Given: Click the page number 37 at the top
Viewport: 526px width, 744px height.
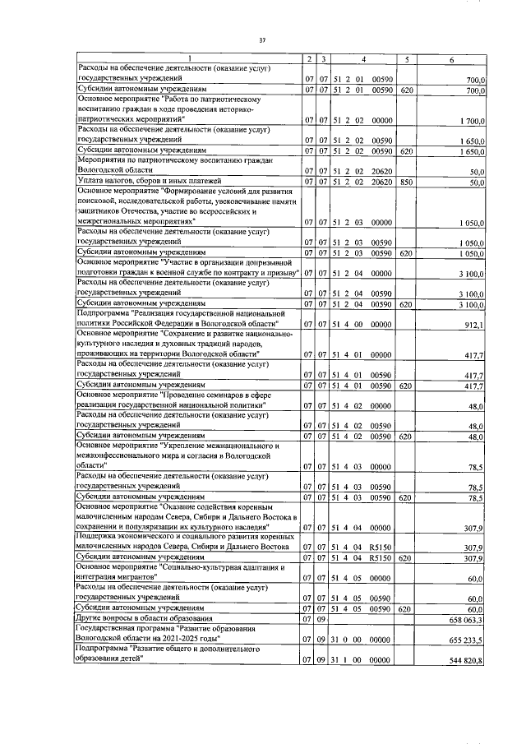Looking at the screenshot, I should [262, 39].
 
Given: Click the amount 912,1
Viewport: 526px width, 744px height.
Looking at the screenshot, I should [474, 326].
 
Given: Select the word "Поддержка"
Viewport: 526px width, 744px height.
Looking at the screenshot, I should [97, 536].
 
